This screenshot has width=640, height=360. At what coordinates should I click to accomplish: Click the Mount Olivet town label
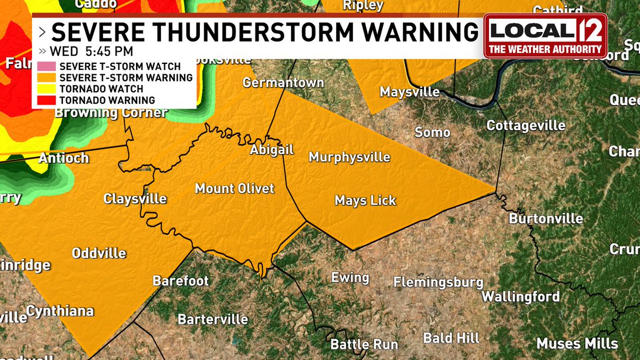click(235, 188)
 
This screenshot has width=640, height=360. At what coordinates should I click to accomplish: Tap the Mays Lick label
click(365, 201)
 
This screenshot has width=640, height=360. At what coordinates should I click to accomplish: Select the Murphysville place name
click(349, 157)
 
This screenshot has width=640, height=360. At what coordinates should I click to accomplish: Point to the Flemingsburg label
click(438, 282)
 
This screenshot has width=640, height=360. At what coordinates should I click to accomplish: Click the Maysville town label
click(410, 92)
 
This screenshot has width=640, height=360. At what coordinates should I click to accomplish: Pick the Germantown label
click(283, 83)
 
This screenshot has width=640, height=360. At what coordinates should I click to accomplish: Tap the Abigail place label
click(272, 150)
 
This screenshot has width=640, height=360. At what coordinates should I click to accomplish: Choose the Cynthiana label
click(60, 311)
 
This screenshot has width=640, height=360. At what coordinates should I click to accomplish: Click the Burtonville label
click(546, 219)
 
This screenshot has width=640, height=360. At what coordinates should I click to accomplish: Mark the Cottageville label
click(526, 125)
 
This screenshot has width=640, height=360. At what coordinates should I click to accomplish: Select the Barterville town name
click(212, 319)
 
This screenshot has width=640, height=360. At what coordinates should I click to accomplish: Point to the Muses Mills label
click(577, 343)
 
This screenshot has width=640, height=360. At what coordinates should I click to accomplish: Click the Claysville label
click(135, 199)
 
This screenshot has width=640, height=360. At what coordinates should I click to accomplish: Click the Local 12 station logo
click(545, 35)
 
